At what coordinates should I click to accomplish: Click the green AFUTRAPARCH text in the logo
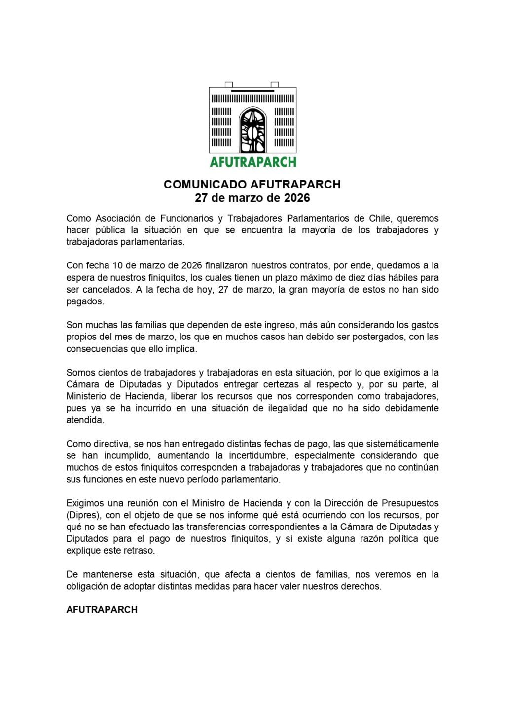point(252,162)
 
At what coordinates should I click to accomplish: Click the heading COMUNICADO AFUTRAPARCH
point(252,185)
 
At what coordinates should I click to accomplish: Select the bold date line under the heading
point(252,198)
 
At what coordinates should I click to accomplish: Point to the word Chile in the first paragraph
point(381,219)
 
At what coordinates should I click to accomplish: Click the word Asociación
point(118,219)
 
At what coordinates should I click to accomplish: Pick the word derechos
point(361,586)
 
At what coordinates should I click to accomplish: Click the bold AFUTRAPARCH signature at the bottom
point(102,610)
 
